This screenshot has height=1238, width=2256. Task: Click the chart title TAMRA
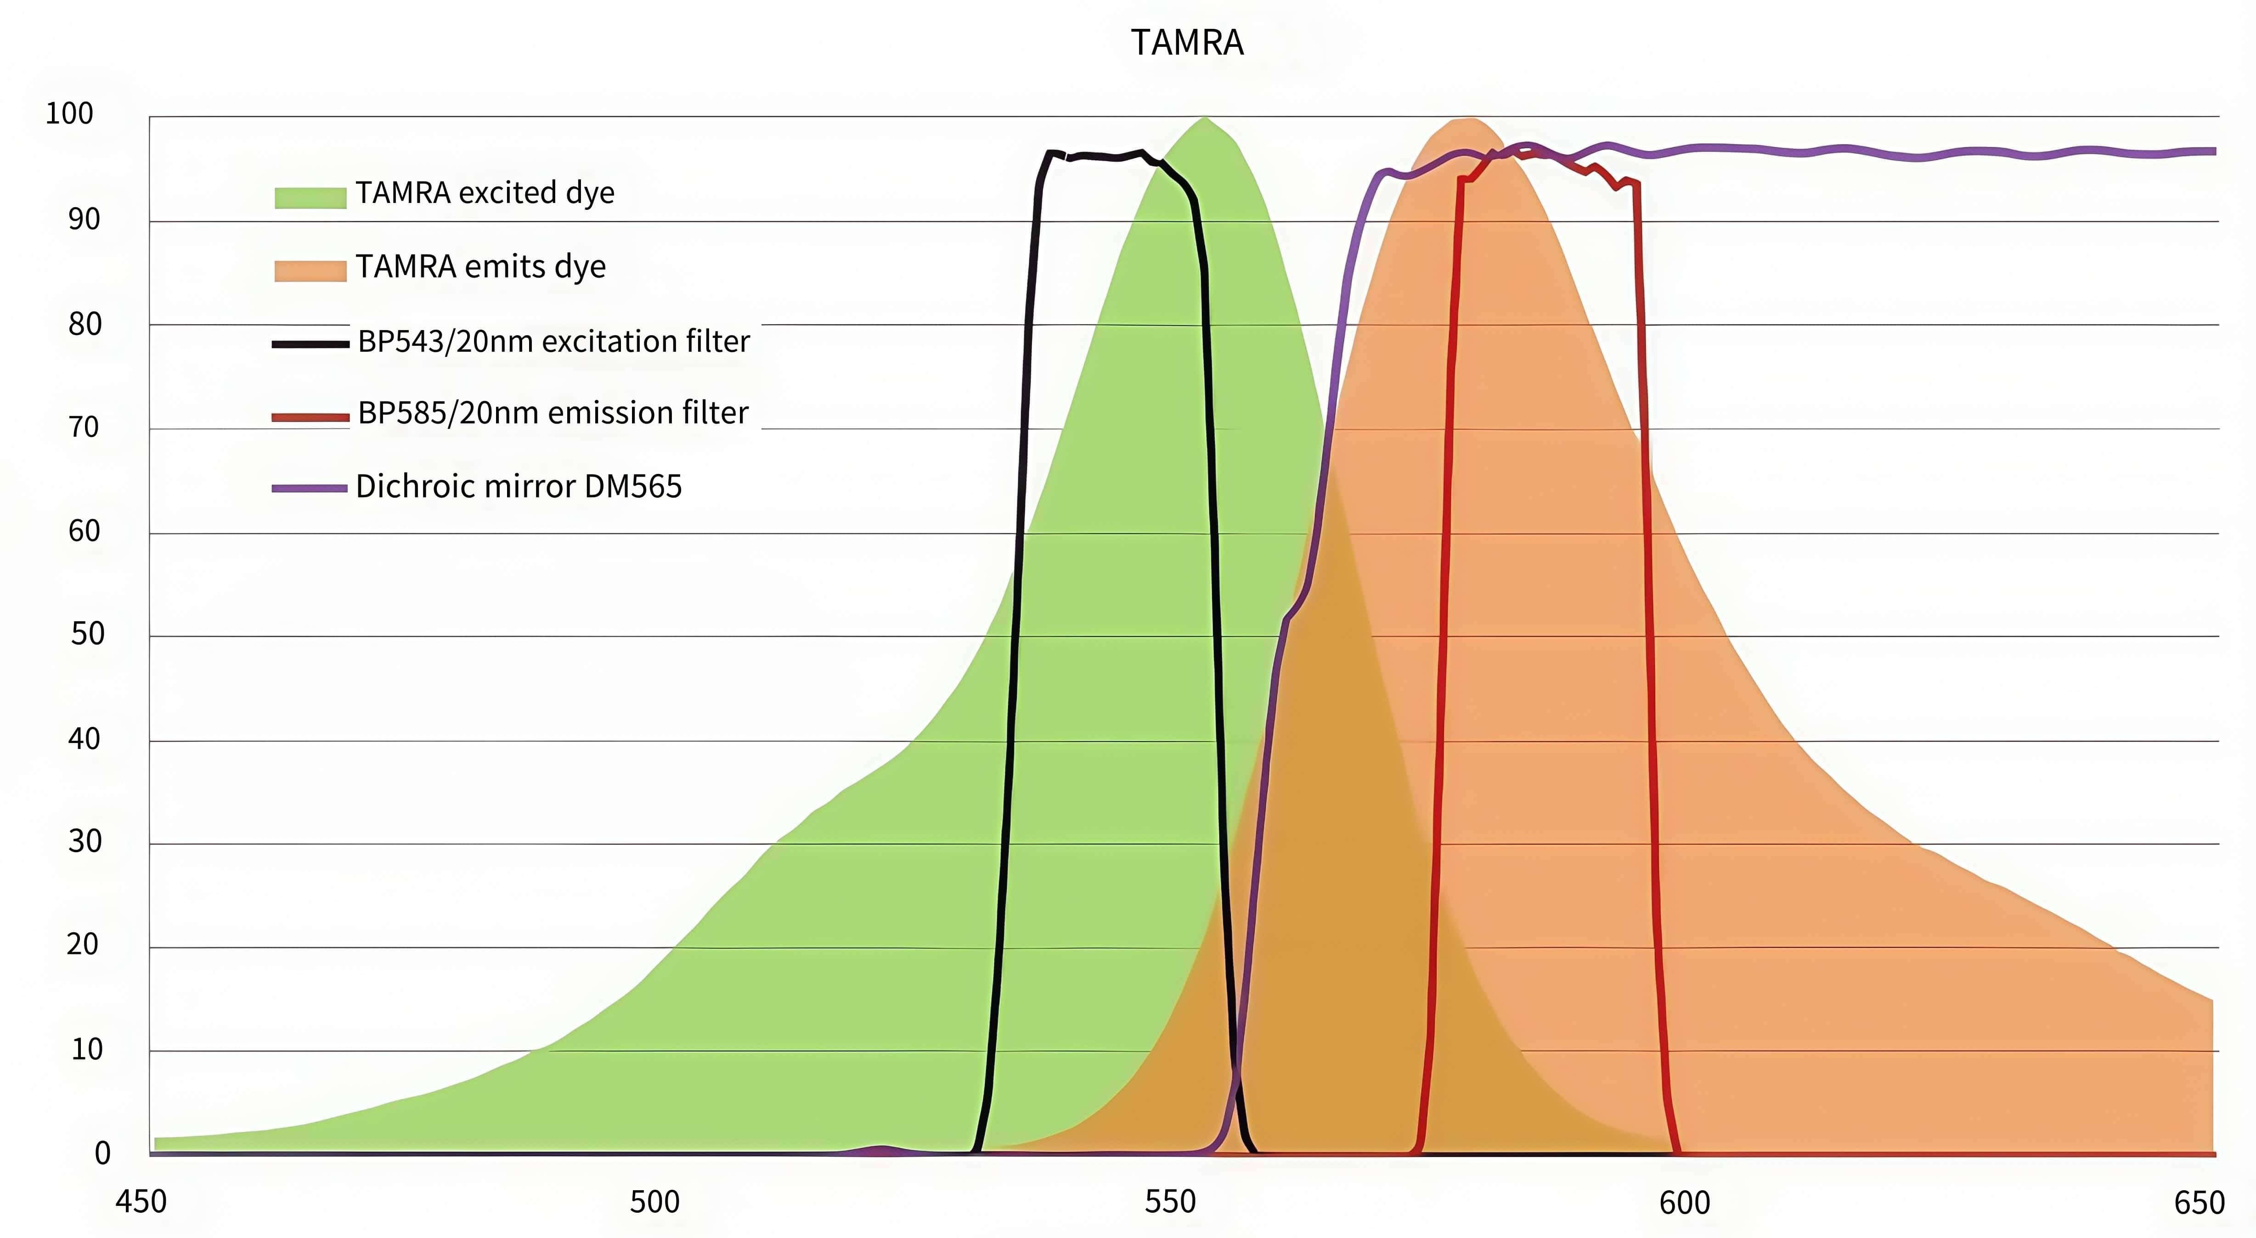[1187, 43]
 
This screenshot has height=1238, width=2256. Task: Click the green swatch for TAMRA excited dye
[310, 197]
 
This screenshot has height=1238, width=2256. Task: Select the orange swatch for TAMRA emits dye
[310, 270]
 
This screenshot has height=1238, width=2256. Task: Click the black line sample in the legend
[310, 344]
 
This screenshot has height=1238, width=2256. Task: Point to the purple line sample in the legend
[310, 488]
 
